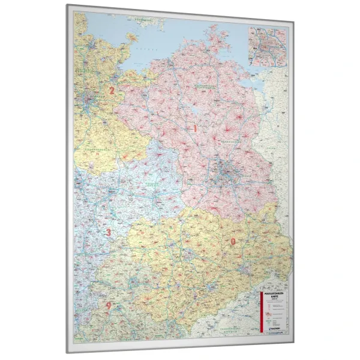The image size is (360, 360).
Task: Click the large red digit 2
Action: (111, 91)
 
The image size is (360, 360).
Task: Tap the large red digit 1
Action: (194, 128)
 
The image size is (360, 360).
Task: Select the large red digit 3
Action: (109, 232)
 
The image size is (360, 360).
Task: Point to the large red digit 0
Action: (233, 241)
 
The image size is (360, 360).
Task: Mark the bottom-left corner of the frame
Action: (67, 351)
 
